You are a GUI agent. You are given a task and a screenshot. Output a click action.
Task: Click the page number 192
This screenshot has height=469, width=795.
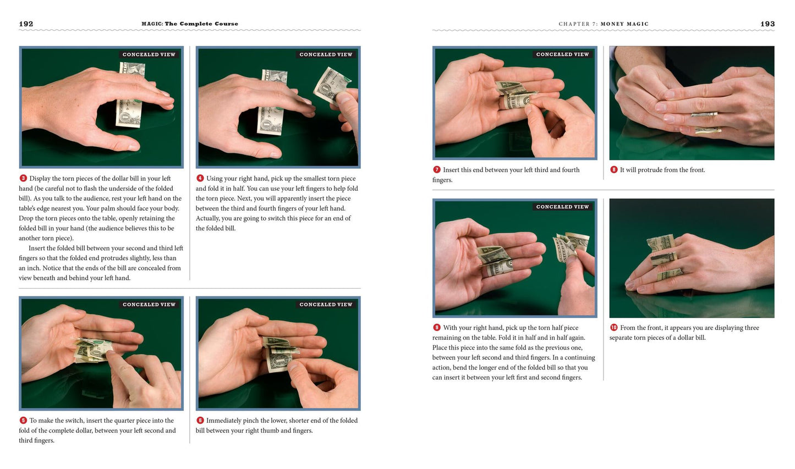pyautogui.click(x=26, y=24)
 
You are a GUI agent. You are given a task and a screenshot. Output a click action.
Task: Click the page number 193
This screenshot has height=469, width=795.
pyautogui.click(x=767, y=24)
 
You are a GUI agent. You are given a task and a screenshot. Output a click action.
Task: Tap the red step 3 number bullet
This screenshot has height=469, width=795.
pyautogui.click(x=23, y=178)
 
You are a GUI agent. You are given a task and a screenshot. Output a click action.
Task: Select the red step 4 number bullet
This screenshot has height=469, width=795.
pyautogui.click(x=200, y=178)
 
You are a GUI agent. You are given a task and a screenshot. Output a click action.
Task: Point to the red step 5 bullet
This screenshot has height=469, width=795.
pyautogui.click(x=23, y=421)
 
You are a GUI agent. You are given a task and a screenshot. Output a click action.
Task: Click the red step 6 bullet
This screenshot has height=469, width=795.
pyautogui.click(x=200, y=421)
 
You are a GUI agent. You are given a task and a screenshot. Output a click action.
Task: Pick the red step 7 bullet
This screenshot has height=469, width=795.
pyautogui.click(x=436, y=169)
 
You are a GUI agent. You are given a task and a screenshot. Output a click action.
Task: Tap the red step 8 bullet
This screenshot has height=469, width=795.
pyautogui.click(x=613, y=169)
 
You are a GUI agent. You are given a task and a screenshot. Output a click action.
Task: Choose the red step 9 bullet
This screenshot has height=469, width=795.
pyautogui.click(x=436, y=328)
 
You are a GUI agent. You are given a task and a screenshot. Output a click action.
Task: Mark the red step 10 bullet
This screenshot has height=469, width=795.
pyautogui.click(x=613, y=328)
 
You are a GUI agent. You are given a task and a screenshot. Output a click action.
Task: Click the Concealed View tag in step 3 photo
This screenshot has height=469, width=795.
pyautogui.click(x=149, y=54)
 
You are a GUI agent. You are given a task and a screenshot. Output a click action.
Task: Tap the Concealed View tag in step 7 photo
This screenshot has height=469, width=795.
pyautogui.click(x=562, y=54)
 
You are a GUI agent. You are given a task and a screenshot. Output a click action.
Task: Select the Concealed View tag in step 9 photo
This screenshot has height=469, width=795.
pyautogui.click(x=562, y=207)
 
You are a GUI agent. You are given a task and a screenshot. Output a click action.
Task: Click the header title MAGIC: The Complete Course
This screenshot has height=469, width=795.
pyautogui.click(x=190, y=24)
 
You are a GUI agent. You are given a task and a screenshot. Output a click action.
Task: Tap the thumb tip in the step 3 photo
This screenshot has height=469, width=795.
pyautogui.click(x=133, y=146)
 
